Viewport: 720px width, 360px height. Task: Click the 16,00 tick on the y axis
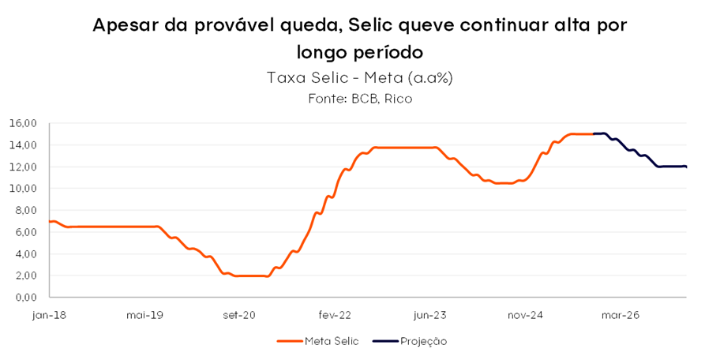23,124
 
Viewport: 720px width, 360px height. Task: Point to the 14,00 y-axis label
23,145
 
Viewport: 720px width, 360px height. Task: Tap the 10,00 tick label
23,189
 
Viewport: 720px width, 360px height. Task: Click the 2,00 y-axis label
25,276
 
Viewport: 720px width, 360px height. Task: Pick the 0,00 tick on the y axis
25,298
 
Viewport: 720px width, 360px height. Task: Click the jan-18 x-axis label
49,315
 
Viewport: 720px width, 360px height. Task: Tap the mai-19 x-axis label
144,315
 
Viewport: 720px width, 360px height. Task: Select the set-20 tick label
239,315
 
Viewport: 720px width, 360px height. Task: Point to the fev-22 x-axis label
335,315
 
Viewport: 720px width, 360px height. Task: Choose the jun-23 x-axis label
429,315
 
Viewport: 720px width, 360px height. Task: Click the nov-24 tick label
525,315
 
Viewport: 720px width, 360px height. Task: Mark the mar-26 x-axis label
621,315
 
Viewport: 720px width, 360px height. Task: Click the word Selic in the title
375,25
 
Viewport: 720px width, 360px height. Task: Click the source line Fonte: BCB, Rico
359,99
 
